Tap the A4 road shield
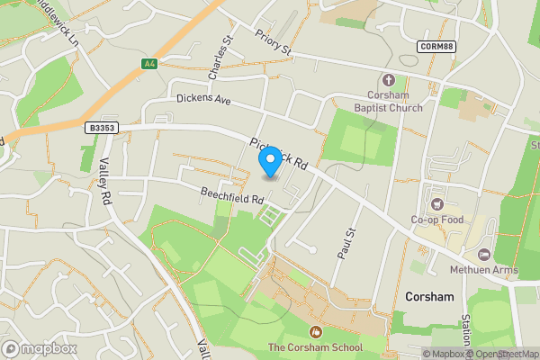point(149,63)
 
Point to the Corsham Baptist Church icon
point(389,80)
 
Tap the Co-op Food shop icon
point(438,203)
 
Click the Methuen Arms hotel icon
point(485,256)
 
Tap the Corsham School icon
point(315,332)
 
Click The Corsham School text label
point(315,347)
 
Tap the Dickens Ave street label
point(204,99)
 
